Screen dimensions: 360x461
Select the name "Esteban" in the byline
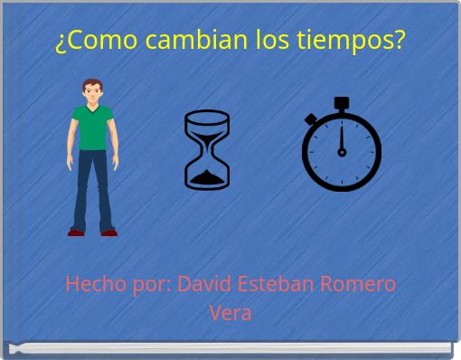[270, 284]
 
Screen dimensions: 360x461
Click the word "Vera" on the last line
[230, 313]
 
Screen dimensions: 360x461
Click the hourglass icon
[206, 149]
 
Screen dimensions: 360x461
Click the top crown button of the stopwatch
[341, 103]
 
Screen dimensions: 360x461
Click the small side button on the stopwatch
[310, 118]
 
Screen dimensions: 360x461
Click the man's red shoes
[92, 232]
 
